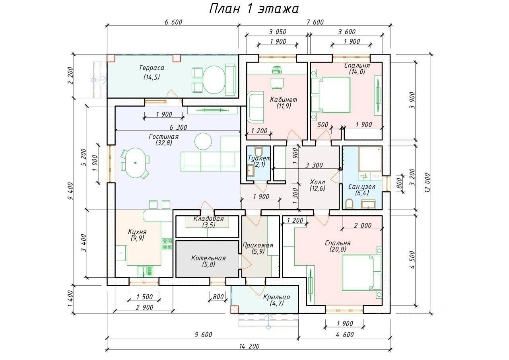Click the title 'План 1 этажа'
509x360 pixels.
pyautogui.click(x=253, y=9)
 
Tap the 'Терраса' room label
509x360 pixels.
pyautogui.click(x=152, y=68)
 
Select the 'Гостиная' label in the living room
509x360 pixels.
pyautogui.click(x=163, y=136)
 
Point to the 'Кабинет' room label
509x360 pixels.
pyautogui.click(x=284, y=99)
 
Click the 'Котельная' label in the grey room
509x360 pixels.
pyautogui.click(x=208, y=258)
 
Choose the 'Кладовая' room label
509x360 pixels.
pyautogui.click(x=209, y=219)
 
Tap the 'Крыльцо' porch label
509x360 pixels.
pyautogui.click(x=276, y=297)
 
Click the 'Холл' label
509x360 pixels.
pyautogui.click(x=317, y=182)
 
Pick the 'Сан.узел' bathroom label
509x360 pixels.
pyautogui.click(x=362, y=187)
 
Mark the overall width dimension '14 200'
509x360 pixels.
pyautogui.click(x=249, y=346)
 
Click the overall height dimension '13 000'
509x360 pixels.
pyautogui.click(x=427, y=183)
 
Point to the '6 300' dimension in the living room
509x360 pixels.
pyautogui.click(x=179, y=127)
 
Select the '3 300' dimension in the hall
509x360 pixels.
pyautogui.click(x=314, y=165)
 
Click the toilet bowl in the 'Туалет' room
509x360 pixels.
pyautogui.click(x=258, y=151)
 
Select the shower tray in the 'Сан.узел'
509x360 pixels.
pyautogui.click(x=370, y=160)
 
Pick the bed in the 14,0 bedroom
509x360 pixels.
pyautogui.click(x=331, y=95)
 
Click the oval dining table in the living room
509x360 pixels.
pyautogui.click(x=135, y=163)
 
